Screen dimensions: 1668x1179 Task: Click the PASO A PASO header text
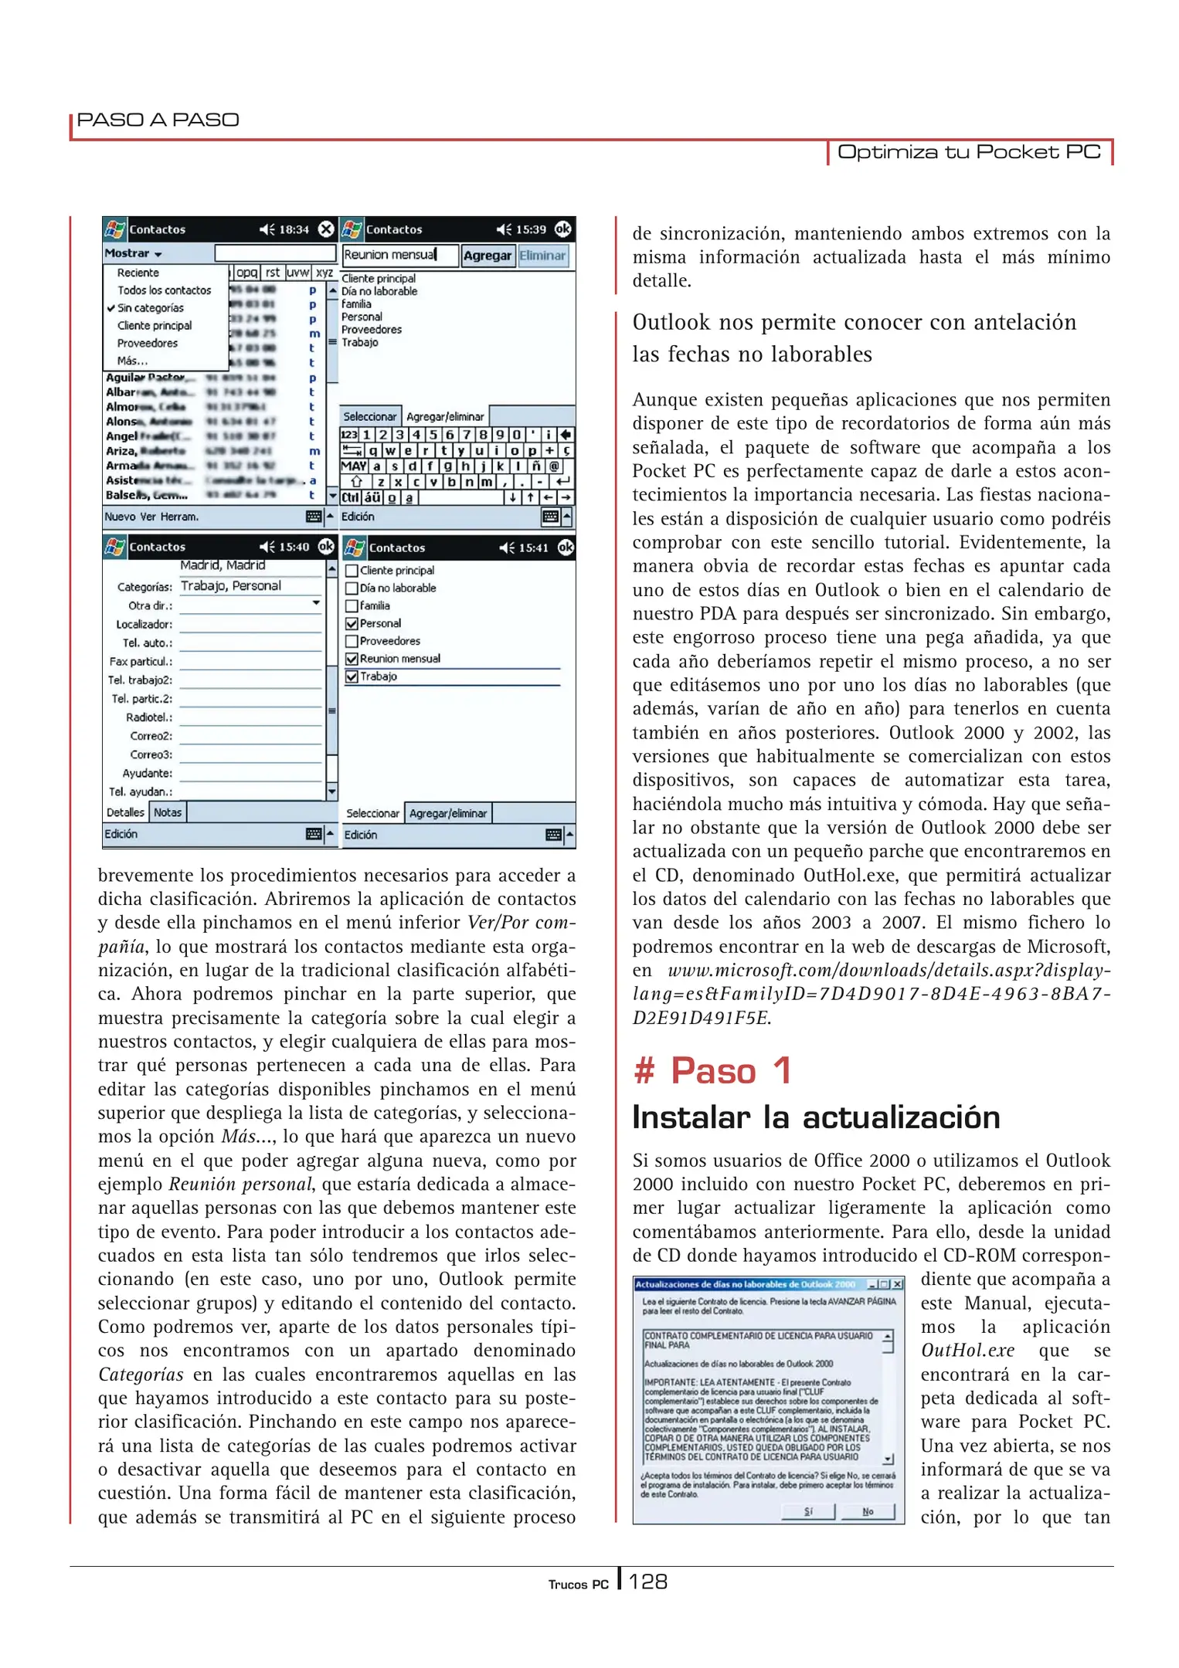tap(158, 120)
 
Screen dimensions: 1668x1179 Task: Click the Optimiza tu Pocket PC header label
tap(969, 151)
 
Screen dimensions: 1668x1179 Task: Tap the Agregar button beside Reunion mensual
tap(487, 256)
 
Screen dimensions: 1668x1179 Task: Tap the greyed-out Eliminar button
tap(542, 256)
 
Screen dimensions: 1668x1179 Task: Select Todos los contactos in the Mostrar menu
tap(164, 290)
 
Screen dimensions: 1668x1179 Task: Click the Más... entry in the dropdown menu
tap(132, 361)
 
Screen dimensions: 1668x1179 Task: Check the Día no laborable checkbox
tap(352, 588)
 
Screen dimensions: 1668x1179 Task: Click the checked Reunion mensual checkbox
tap(352, 659)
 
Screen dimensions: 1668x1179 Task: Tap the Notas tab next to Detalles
tap(167, 812)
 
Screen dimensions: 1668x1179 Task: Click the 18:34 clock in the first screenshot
tap(294, 229)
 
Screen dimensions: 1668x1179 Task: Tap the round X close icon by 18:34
tap(327, 229)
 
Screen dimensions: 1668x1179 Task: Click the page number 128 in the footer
tap(647, 1582)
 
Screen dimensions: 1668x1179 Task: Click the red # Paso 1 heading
tap(712, 1071)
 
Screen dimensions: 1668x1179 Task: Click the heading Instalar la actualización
tap(816, 1117)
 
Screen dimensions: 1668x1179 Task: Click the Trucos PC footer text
tap(578, 1585)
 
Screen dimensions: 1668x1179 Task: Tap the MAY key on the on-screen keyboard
tap(353, 466)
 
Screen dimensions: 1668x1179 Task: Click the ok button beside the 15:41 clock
tap(566, 548)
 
